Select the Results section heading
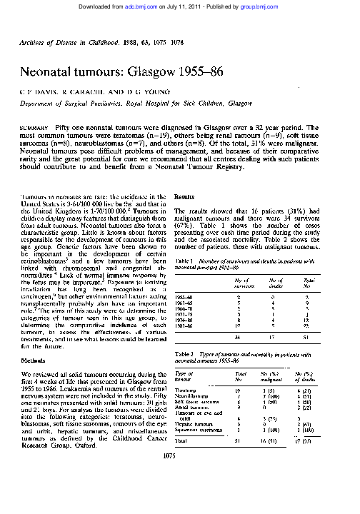click(185, 196)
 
